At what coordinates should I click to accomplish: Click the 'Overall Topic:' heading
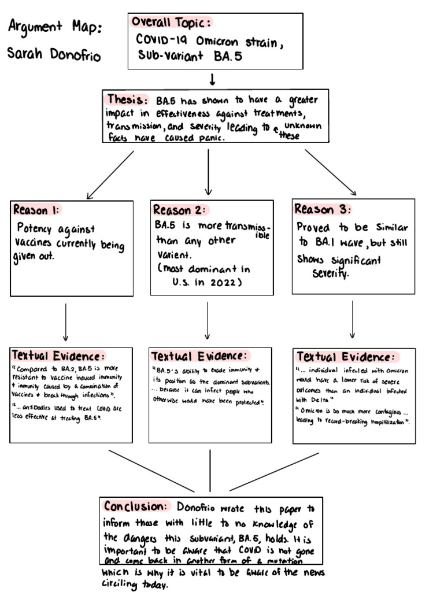tap(171, 23)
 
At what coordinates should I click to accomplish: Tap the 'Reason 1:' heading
tap(36, 209)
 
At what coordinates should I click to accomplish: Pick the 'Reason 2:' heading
tap(180, 210)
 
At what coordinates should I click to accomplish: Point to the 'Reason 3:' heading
tap(323, 209)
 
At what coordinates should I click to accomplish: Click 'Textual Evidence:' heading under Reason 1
tap(59, 355)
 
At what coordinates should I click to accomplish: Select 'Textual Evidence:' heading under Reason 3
tap(346, 357)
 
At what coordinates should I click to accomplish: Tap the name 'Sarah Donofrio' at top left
tap(54, 55)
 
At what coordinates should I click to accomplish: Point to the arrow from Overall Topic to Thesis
tap(213, 79)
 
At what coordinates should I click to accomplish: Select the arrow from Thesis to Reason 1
tap(110, 175)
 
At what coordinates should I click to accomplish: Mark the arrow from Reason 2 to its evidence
tap(208, 321)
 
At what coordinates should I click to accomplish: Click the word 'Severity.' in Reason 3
tap(331, 274)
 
